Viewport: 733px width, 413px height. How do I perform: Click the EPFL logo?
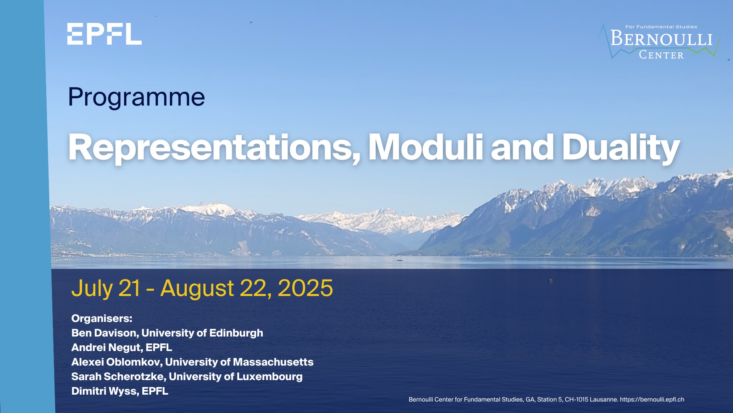coord(104,34)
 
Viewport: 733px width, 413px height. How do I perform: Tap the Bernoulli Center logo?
coord(659,41)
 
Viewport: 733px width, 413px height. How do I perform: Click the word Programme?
coord(136,97)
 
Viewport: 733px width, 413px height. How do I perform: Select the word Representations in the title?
coord(214,148)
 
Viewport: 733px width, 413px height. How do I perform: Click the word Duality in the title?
coord(621,148)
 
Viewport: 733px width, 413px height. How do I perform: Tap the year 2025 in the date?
coord(305,288)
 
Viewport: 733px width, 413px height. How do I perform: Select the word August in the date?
coord(197,289)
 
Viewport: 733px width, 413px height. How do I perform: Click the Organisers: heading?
coord(102,319)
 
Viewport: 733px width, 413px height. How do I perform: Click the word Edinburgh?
coord(236,333)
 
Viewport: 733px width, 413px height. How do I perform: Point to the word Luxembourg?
coord(270,377)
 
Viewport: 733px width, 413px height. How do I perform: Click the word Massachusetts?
coord(273,362)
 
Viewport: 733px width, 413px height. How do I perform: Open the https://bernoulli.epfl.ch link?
coord(652,400)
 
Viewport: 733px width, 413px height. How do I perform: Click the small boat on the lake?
coord(399,260)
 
